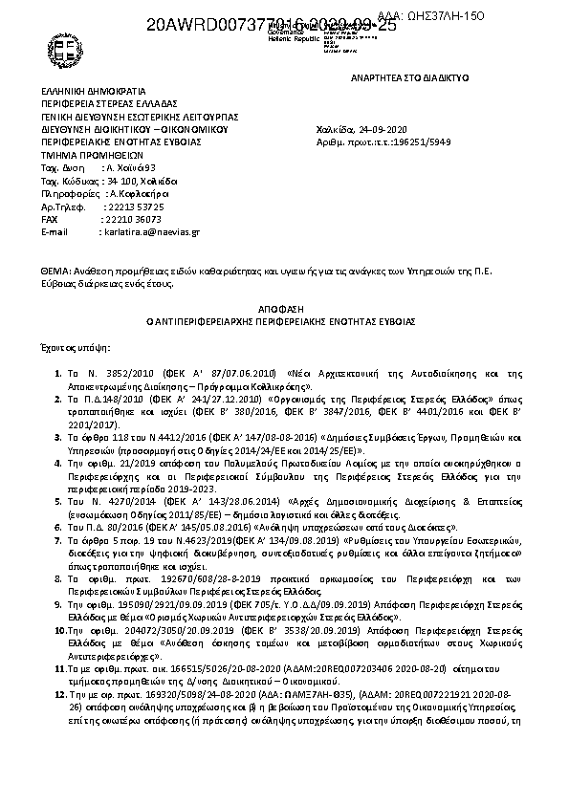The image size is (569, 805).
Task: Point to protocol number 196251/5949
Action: pyautogui.click(x=411, y=141)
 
